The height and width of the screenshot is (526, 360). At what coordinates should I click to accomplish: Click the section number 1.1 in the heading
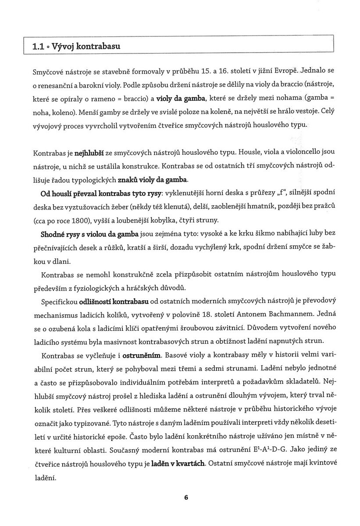38,46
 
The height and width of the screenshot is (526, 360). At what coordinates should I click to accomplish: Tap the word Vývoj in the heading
64,46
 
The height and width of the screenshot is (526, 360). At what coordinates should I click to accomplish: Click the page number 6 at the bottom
186,498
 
